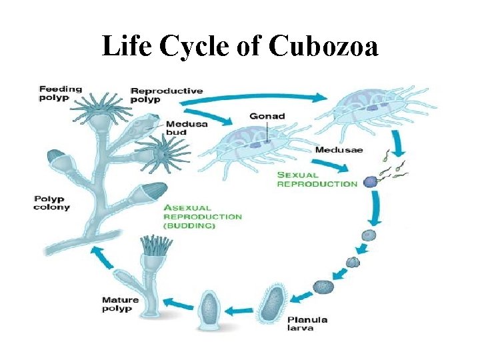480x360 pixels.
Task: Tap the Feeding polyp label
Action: pyautogui.click(x=60, y=93)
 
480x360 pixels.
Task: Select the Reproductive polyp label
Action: pyautogui.click(x=167, y=95)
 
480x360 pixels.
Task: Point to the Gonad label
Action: pyautogui.click(x=267, y=116)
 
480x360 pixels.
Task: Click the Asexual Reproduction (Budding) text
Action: pyautogui.click(x=202, y=217)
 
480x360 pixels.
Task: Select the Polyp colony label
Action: pyautogui.click(x=51, y=203)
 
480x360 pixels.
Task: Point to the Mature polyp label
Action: pyautogui.click(x=120, y=304)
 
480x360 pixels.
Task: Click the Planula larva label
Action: pyautogui.click(x=307, y=323)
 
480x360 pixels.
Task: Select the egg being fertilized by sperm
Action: pyautogui.click(x=370, y=181)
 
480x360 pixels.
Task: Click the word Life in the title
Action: pyautogui.click(x=127, y=46)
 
